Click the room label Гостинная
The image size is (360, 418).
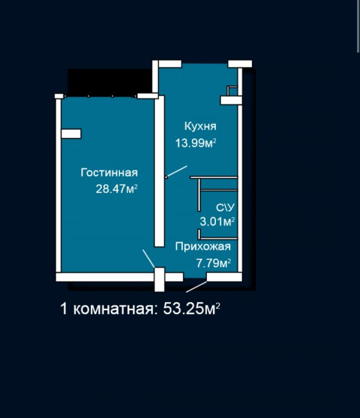click(x=109, y=173)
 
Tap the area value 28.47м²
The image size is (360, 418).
click(x=116, y=189)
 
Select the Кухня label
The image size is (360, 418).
click(x=200, y=126)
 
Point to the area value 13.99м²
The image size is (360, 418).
click(x=196, y=143)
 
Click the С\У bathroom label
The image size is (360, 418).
click(x=225, y=208)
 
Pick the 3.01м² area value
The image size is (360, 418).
click(x=217, y=221)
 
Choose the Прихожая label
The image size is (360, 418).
click(x=203, y=246)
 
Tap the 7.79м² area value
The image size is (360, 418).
click(x=214, y=263)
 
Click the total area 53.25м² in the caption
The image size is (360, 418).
click(x=192, y=309)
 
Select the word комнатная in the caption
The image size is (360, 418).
click(x=113, y=309)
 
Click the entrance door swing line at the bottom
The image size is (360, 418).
click(x=197, y=287)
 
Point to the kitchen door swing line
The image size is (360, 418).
click(x=176, y=171)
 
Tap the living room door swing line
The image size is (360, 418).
click(x=149, y=258)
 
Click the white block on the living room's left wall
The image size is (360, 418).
click(x=71, y=134)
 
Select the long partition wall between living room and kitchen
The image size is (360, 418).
click(x=160, y=171)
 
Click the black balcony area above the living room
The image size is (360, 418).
click(x=110, y=82)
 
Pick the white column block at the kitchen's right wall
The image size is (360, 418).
click(x=231, y=100)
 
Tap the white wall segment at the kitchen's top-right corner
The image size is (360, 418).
click(x=240, y=64)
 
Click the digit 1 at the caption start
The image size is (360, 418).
click(x=64, y=309)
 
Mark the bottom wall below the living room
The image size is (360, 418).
click(x=106, y=277)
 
